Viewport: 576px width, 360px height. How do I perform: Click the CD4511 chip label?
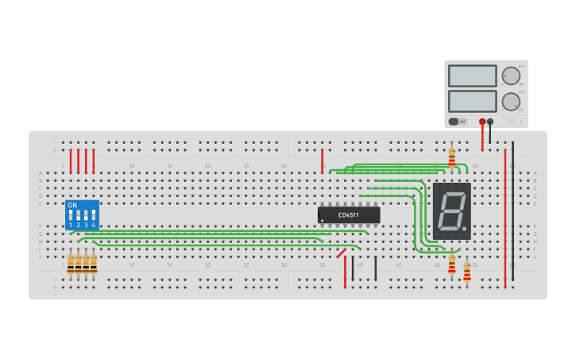[x=349, y=215]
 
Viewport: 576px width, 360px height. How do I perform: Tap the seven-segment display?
[x=452, y=211]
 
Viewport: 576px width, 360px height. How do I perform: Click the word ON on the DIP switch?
[x=72, y=206]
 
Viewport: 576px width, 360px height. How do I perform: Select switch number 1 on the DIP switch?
[x=71, y=216]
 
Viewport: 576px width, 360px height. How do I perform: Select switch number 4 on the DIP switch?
[x=93, y=216]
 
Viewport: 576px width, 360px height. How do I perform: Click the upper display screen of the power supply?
[x=472, y=75]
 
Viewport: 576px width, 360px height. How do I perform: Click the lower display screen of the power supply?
[x=472, y=101]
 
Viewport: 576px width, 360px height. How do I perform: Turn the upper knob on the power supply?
[x=511, y=76]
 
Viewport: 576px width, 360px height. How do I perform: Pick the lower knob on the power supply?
[x=511, y=102]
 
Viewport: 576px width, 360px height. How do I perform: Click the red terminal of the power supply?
[x=482, y=122]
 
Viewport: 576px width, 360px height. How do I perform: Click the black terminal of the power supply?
[x=490, y=122]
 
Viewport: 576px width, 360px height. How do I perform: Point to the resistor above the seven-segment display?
[x=452, y=157]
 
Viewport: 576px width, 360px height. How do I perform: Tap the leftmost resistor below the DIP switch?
[x=71, y=264]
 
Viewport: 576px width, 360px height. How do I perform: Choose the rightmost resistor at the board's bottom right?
[x=467, y=272]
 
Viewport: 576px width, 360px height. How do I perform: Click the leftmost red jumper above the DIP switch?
[x=71, y=161]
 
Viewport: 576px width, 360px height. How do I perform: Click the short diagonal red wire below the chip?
[x=341, y=253]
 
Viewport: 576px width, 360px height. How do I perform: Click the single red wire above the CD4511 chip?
[x=322, y=161]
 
